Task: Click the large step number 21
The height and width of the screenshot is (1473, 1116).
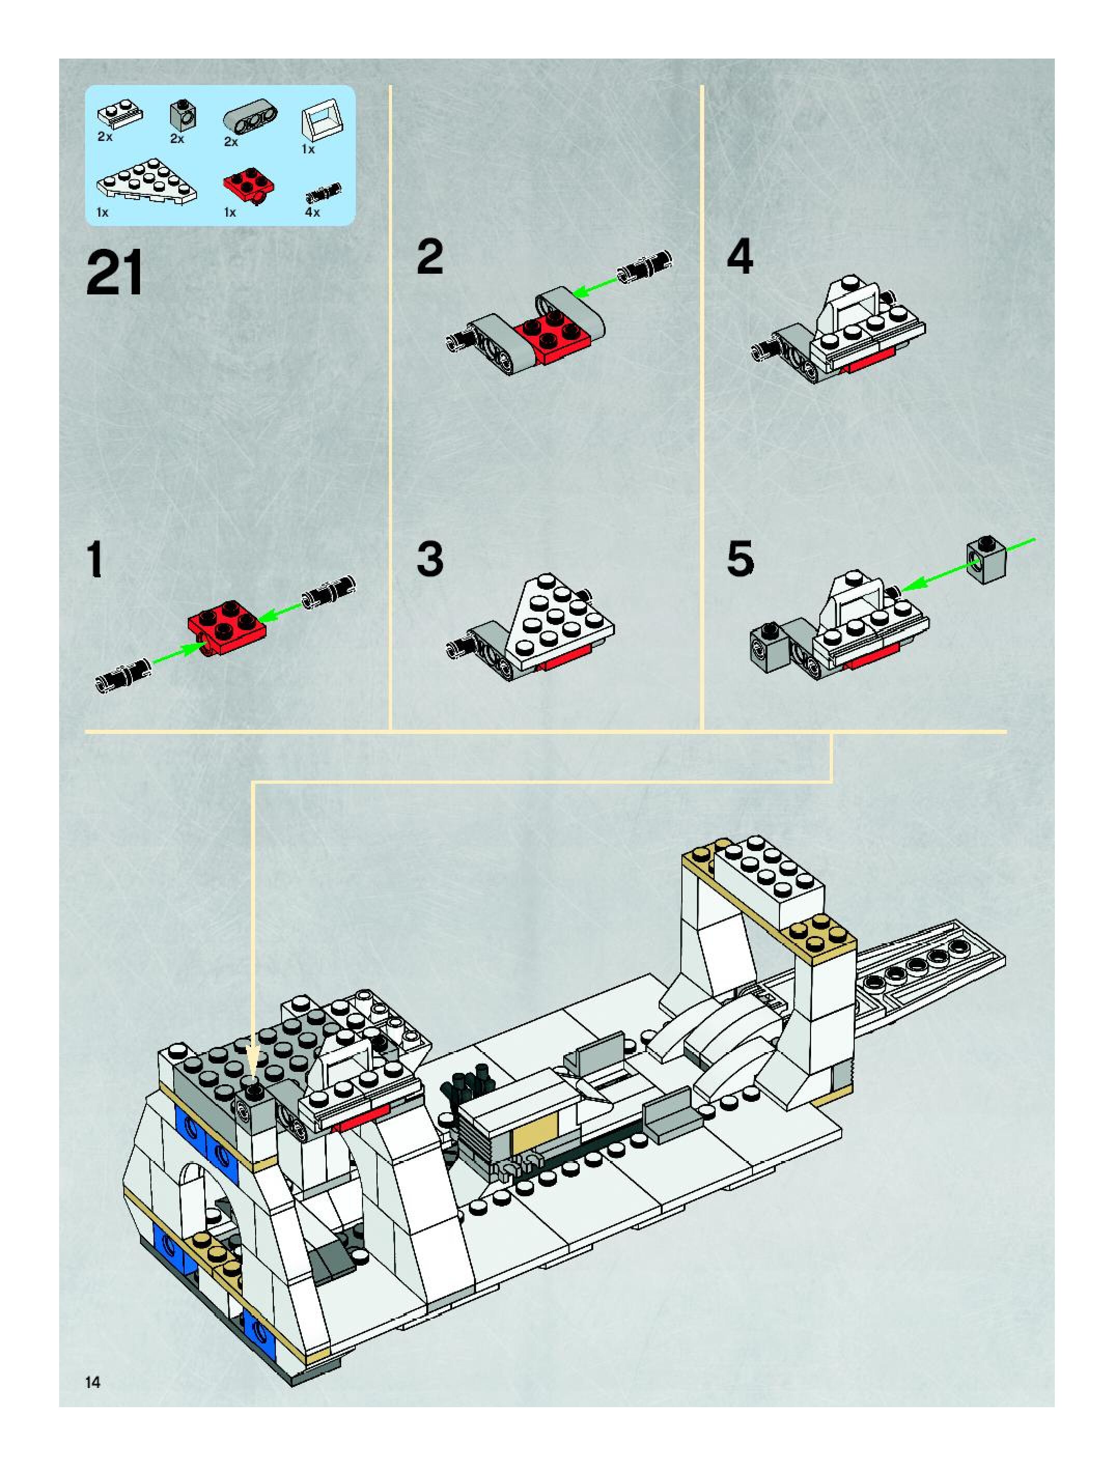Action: pos(115,273)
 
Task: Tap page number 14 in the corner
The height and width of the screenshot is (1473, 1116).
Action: pos(93,1382)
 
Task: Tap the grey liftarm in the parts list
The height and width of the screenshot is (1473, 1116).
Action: pos(250,119)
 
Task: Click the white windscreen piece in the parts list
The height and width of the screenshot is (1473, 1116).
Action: pos(323,122)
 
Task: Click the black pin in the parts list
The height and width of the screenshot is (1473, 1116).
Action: pos(323,192)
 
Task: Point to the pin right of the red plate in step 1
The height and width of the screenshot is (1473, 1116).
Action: pos(329,592)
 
